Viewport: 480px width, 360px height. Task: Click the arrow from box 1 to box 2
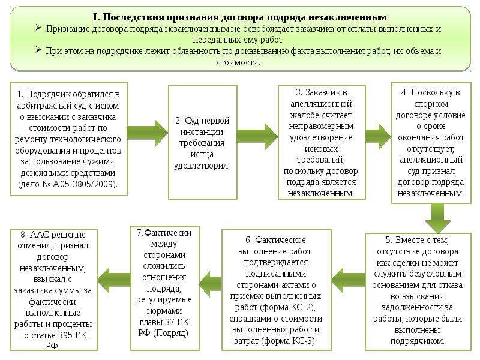pos(148,133)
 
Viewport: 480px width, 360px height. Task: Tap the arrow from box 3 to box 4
pos(379,137)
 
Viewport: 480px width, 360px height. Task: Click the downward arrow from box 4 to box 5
pos(438,218)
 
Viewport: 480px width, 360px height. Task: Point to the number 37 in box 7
pos(170,322)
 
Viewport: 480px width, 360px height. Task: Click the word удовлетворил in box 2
pos(202,166)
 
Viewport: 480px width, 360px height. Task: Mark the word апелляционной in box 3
pos(321,104)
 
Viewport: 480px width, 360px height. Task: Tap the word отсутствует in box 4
pos(431,149)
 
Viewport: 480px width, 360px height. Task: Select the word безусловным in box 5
pos(440,274)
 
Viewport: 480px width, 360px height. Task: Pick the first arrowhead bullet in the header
pos(38,28)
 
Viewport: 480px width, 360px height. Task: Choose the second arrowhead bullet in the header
pos(38,50)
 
